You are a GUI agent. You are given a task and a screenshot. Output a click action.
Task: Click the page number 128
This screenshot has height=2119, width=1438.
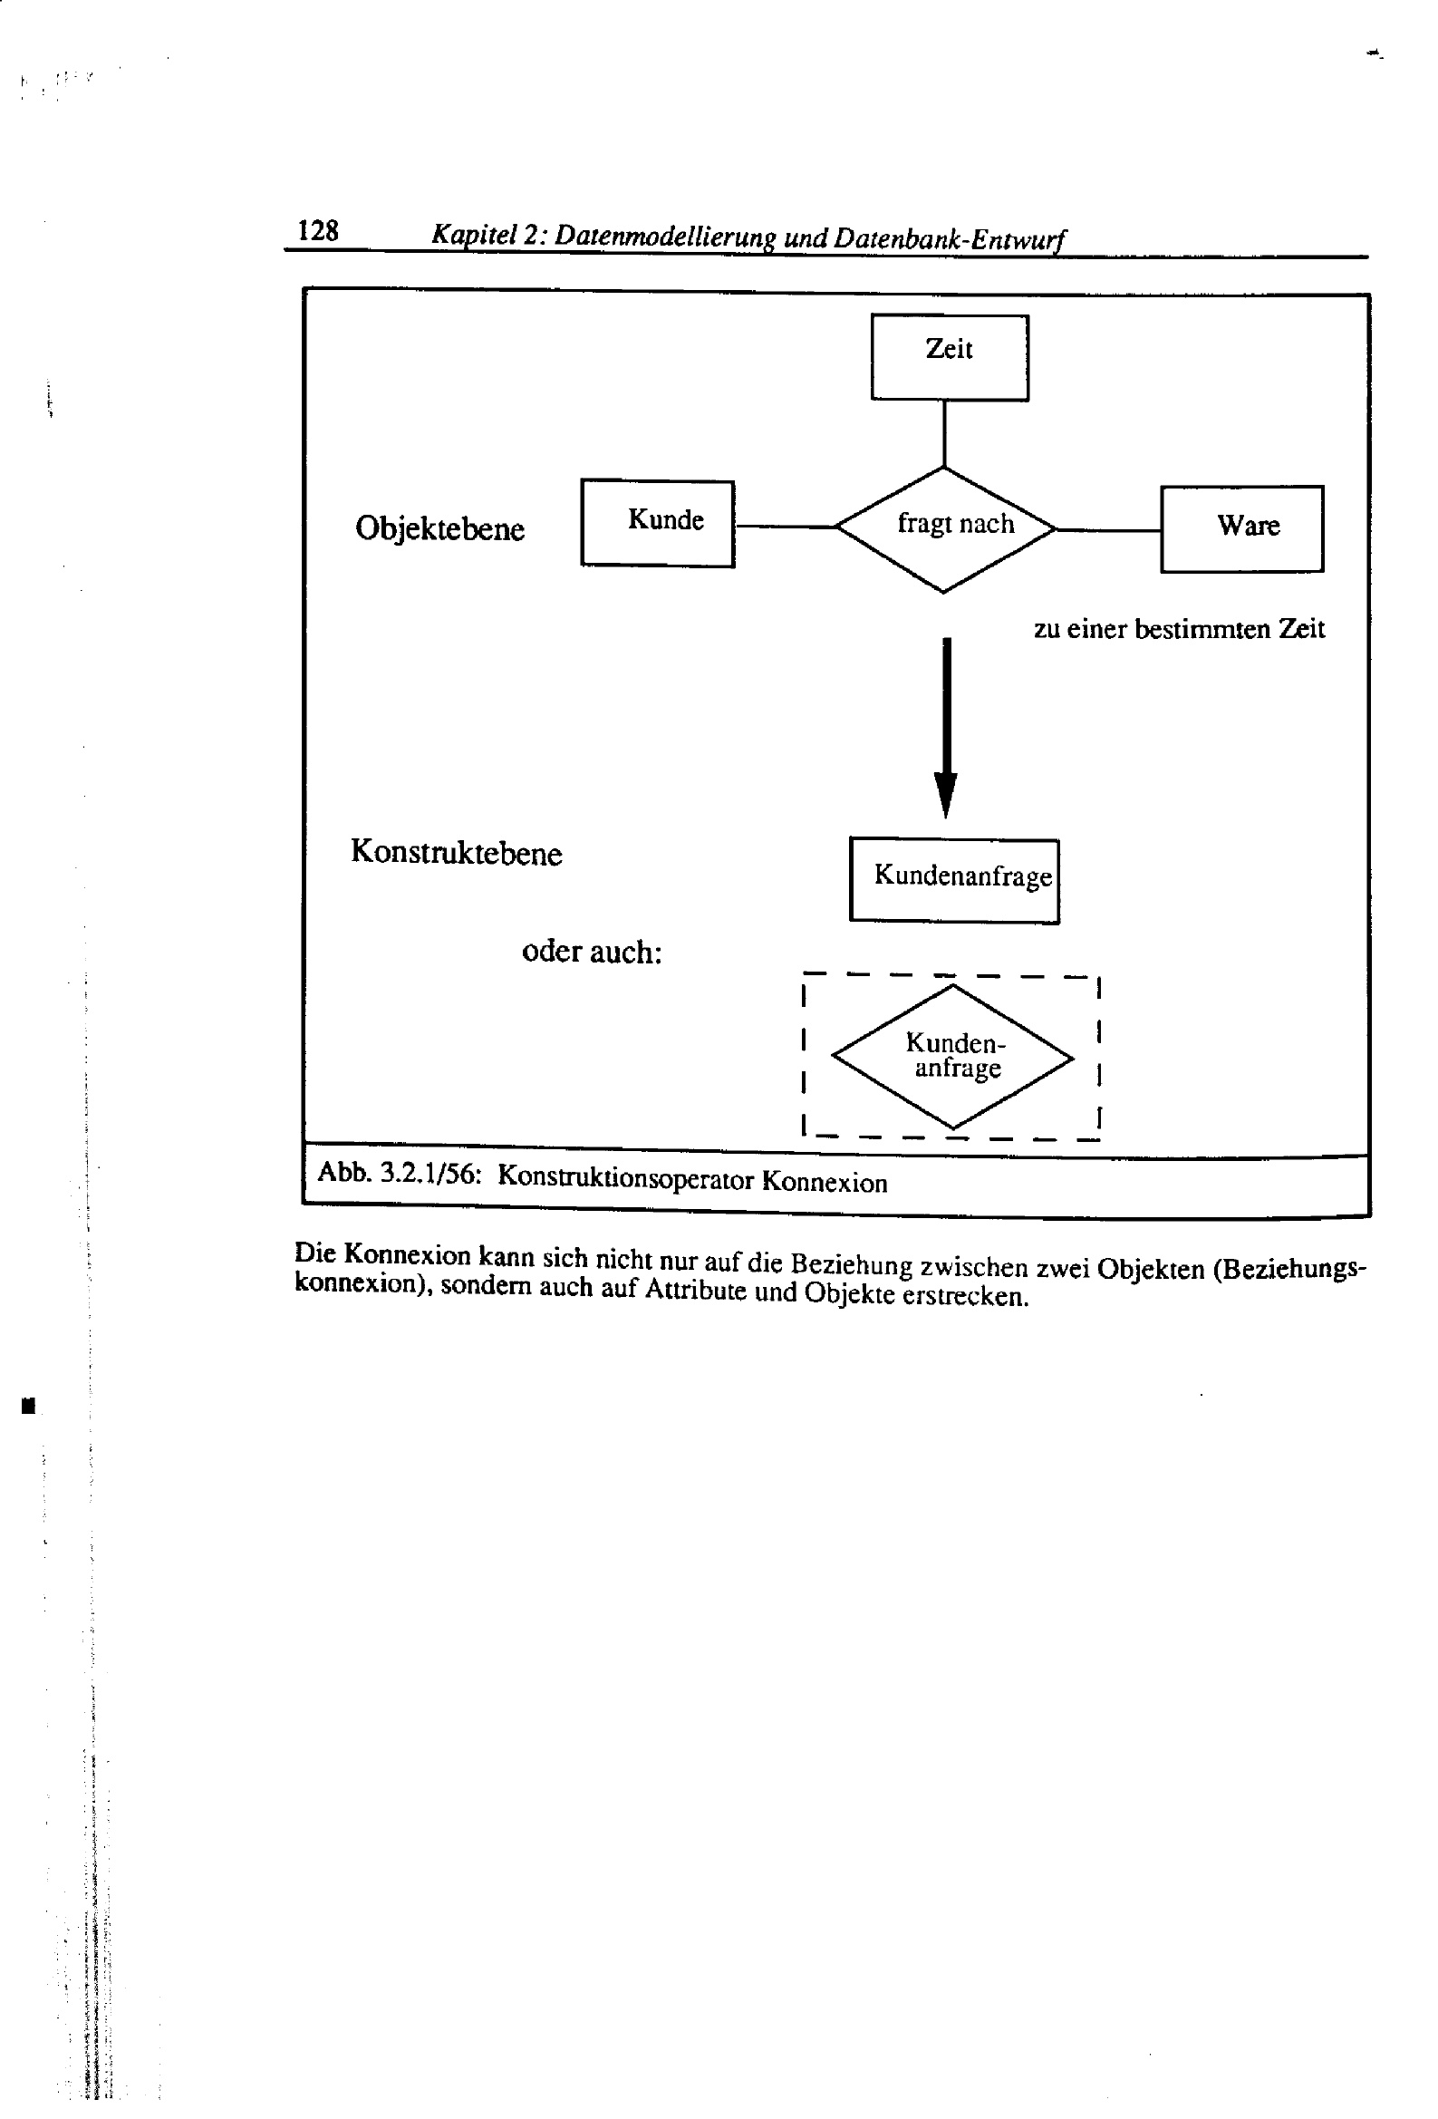tap(317, 231)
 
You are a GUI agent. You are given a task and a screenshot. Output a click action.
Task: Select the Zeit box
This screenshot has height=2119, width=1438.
tap(950, 357)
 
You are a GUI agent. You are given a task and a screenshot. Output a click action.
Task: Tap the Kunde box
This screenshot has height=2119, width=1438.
tap(658, 523)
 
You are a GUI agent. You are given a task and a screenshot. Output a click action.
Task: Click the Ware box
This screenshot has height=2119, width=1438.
tap(1241, 528)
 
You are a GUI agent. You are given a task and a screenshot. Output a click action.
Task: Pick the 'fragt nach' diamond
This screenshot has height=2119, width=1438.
tap(946, 528)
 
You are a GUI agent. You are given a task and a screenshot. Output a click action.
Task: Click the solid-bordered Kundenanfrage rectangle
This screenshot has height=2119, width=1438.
tap(954, 880)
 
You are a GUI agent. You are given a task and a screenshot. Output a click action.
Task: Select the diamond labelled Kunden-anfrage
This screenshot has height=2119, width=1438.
tap(953, 1057)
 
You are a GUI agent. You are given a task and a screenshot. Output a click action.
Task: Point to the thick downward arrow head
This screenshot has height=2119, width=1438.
tap(946, 794)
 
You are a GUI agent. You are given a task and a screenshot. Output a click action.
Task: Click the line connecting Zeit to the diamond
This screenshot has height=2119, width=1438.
tap(944, 434)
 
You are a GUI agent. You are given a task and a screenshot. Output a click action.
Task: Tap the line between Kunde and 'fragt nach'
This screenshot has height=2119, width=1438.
tap(785, 526)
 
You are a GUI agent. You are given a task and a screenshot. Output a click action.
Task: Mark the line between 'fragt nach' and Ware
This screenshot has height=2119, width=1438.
tap(1108, 529)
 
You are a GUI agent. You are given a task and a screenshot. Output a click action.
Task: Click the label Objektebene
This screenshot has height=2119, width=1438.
tap(439, 528)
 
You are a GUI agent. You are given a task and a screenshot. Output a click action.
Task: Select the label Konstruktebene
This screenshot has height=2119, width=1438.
tap(456, 853)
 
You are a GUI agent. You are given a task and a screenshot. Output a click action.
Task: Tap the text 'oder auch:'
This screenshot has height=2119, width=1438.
tap(591, 952)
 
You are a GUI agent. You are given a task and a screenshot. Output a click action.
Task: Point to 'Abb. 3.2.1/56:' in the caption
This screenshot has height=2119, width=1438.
tap(399, 1173)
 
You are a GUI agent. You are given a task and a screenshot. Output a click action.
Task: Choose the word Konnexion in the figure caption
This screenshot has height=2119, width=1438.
tap(825, 1183)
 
